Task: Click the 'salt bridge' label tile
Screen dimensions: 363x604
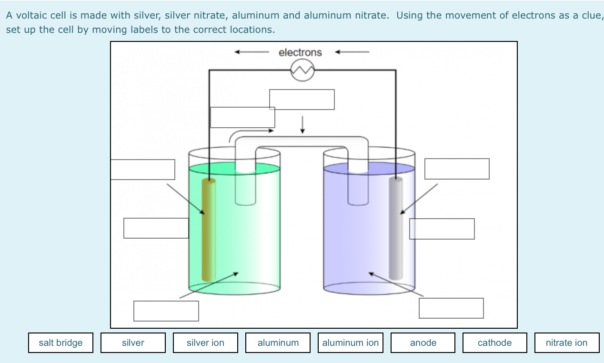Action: click(60, 343)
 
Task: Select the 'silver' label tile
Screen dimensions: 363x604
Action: click(133, 343)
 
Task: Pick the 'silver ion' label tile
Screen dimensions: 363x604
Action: click(205, 343)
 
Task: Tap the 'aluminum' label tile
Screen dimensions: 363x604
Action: click(278, 343)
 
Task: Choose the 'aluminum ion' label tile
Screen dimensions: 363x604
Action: click(351, 343)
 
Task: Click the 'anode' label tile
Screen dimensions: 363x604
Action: click(423, 343)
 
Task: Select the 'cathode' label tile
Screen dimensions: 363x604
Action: click(494, 343)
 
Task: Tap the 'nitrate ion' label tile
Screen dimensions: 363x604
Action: click(566, 343)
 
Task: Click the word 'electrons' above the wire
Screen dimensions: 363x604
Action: click(300, 52)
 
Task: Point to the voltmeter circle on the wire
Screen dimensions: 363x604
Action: click(302, 71)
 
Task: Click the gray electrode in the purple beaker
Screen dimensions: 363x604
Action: click(395, 229)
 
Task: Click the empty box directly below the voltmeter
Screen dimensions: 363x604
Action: click(302, 100)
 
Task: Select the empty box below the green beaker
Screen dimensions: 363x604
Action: click(166, 311)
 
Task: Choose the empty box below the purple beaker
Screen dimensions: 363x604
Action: click(451, 308)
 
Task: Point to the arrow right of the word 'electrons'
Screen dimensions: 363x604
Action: click(352, 52)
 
